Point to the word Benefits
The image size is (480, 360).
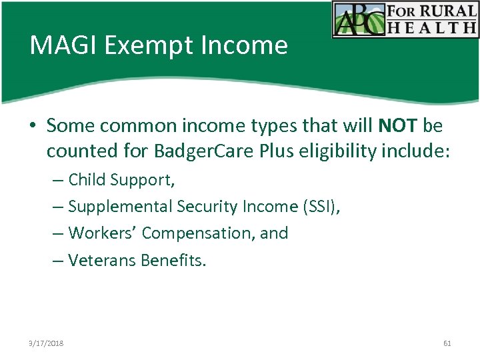pyautogui.click(x=173, y=260)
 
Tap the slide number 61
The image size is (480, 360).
pyautogui.click(x=447, y=343)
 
